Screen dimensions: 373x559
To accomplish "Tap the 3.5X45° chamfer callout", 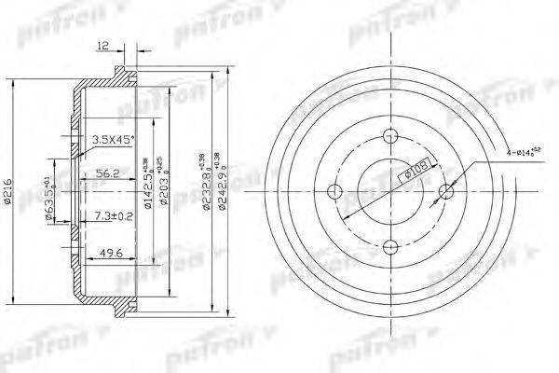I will click(113, 140).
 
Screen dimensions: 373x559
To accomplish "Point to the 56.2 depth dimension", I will click(107, 171).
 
